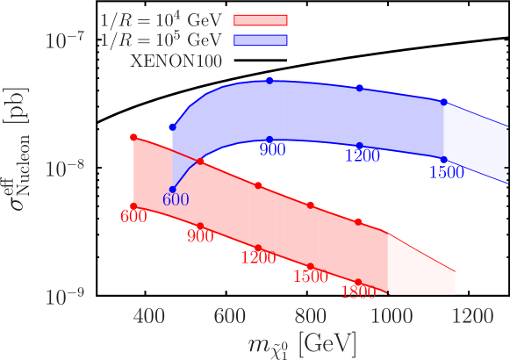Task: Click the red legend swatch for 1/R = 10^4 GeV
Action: click(x=261, y=20)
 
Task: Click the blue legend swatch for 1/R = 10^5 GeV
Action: click(x=261, y=40)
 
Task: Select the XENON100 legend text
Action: click(x=176, y=61)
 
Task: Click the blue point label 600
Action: click(x=176, y=199)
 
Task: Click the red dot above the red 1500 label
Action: click(x=311, y=266)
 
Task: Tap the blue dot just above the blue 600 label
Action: click(x=173, y=189)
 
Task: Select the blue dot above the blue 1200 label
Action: click(x=360, y=146)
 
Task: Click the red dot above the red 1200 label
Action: click(x=258, y=248)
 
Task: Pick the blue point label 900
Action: click(x=273, y=151)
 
